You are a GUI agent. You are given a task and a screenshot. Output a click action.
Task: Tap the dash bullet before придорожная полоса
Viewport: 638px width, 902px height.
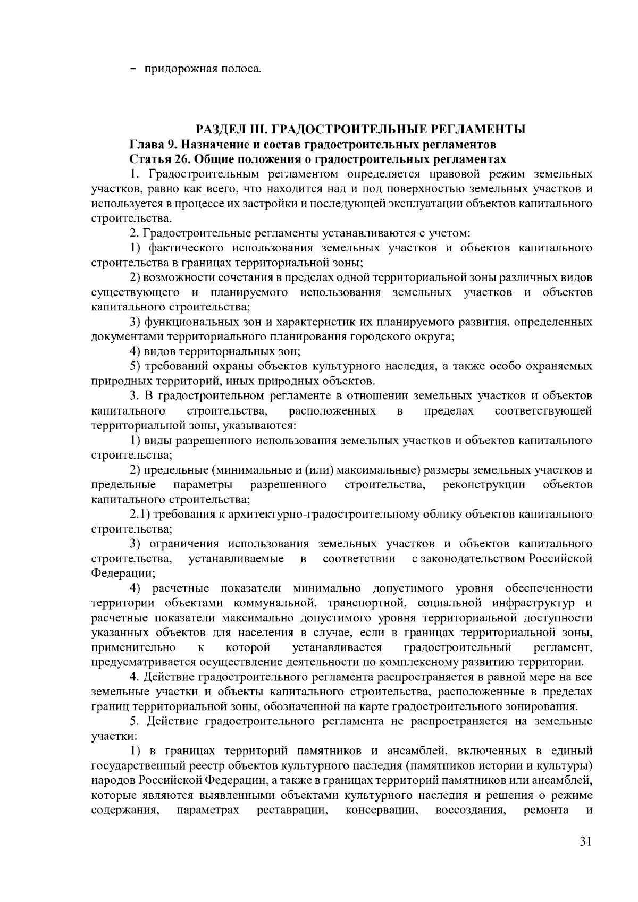[133, 69]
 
